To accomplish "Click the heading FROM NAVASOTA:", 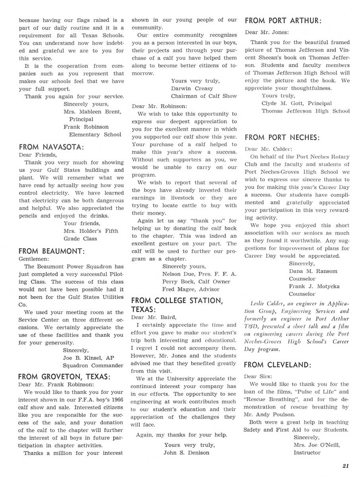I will (51, 146).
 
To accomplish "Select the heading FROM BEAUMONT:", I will (52, 251).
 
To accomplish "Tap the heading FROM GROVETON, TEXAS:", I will (65, 376).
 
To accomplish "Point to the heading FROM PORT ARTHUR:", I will (283, 21).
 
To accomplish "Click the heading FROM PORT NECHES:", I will (282, 138).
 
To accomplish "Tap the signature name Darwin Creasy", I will (192, 88).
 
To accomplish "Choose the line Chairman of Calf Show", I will (204, 96).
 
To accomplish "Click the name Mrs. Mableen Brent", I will (92, 112).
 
